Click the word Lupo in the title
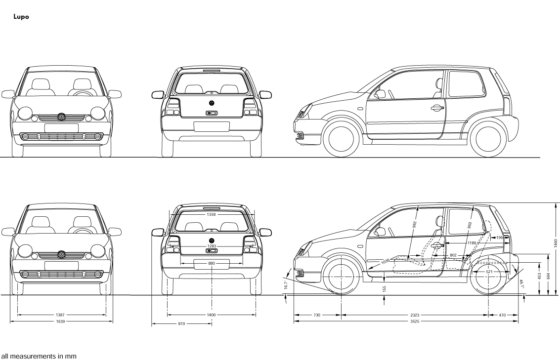21,17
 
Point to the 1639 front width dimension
61,321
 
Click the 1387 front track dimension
61,315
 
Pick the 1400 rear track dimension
211,315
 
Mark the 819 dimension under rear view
181,324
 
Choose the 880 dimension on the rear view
212,263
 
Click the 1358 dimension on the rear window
212,215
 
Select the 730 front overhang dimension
317,315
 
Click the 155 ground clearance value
384,288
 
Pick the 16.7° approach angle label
286,286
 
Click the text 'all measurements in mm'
39,356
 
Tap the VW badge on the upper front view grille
61,117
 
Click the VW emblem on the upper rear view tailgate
212,103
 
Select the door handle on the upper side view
436,107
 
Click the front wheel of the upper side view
341,138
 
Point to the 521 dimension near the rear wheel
489,272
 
